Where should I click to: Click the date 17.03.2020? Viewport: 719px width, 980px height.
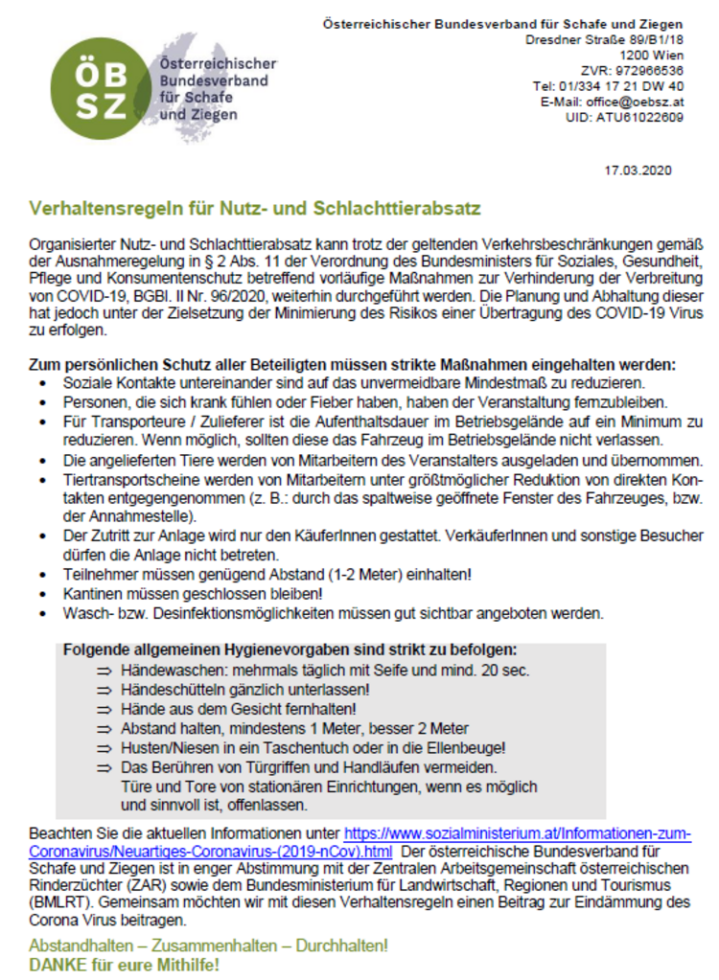tap(638, 171)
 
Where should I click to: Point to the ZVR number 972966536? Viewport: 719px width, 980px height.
tap(645, 70)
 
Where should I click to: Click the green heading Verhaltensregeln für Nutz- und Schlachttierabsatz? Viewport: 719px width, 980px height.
tap(254, 208)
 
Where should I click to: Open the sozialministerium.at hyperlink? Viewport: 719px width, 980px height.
tap(517, 834)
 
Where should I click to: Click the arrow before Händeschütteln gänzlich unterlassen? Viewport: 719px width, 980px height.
tap(104, 690)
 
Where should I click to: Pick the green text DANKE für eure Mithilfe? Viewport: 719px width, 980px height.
tap(125, 964)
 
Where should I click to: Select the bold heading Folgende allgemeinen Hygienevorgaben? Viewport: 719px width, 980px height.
tap(290, 650)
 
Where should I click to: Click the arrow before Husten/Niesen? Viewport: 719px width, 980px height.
tap(104, 747)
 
